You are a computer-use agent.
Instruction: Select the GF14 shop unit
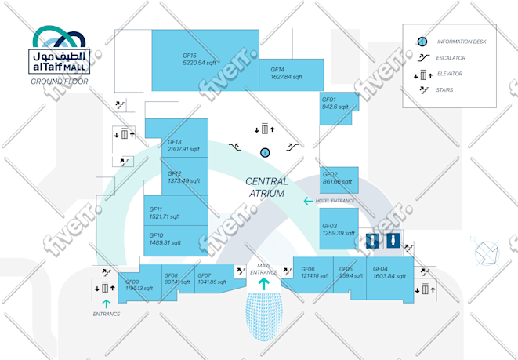point(291,74)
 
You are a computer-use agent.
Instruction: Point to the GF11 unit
point(165,213)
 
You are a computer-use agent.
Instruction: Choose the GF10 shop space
point(165,238)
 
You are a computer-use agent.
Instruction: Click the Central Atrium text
point(266,187)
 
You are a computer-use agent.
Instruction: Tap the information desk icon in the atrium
point(265,151)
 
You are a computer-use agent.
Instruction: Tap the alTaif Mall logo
point(61,49)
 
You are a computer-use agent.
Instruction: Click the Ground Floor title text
point(59,82)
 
